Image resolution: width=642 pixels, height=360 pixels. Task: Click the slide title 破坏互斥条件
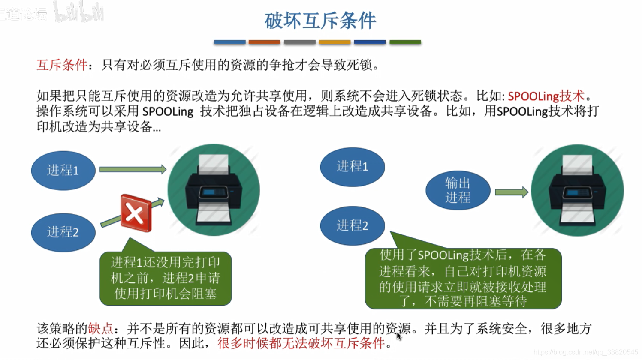coord(320,21)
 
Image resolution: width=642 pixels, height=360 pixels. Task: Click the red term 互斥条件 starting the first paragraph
coord(62,65)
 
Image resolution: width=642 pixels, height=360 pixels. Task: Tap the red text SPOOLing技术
coord(546,96)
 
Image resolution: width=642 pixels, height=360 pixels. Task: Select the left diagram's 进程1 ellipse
coord(63,170)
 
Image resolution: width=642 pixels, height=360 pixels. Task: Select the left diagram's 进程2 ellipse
coord(63,232)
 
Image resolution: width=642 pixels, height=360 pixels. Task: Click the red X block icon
coord(136,213)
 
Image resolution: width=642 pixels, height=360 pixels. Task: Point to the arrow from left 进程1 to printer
coord(133,169)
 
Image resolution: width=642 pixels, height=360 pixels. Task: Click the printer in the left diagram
coord(214,190)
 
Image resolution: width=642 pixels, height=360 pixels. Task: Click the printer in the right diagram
coord(577,190)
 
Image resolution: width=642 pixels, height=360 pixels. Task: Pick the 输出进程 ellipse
coord(458,190)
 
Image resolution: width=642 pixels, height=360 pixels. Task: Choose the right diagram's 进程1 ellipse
coord(352,166)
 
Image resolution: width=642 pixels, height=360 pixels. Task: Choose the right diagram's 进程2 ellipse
coord(352,225)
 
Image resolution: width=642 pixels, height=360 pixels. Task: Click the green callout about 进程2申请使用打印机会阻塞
coord(166,278)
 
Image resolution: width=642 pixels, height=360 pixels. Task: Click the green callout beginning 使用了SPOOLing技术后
coord(463,279)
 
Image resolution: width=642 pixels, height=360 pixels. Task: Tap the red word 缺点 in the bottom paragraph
coord(100,329)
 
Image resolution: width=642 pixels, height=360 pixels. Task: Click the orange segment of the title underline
coord(264,42)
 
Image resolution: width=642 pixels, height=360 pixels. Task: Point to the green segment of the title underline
coord(405,42)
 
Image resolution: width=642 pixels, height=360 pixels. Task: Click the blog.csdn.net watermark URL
coord(585,352)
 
